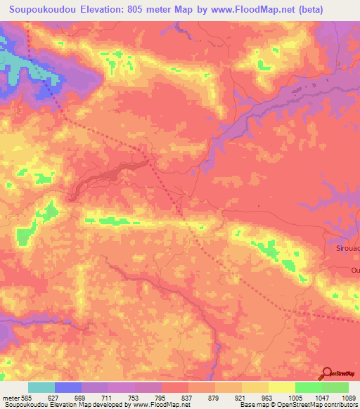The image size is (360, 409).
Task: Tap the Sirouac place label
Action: click(x=345, y=248)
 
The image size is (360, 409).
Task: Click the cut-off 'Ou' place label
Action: click(x=354, y=269)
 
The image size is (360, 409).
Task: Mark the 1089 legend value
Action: click(x=345, y=398)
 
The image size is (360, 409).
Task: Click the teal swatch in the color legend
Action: click(x=41, y=387)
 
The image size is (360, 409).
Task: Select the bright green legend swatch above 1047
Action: click(x=308, y=387)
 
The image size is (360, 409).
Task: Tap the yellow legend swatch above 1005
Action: click(x=281, y=387)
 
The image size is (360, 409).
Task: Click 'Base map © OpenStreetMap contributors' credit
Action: click(x=298, y=405)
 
